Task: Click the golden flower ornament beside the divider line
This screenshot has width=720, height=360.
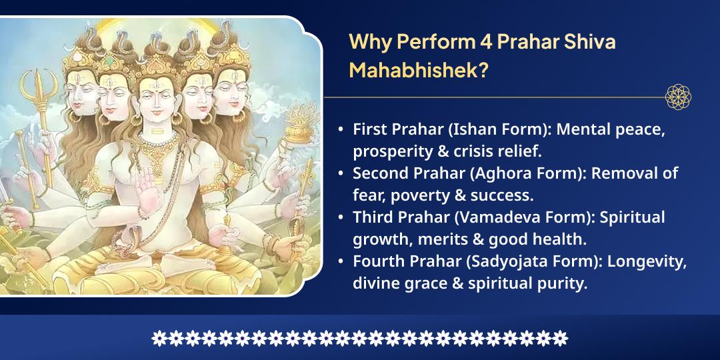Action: pyautogui.click(x=678, y=97)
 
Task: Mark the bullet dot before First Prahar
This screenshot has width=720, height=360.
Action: pyautogui.click(x=341, y=130)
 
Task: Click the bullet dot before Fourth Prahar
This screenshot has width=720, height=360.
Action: pyautogui.click(x=341, y=262)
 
